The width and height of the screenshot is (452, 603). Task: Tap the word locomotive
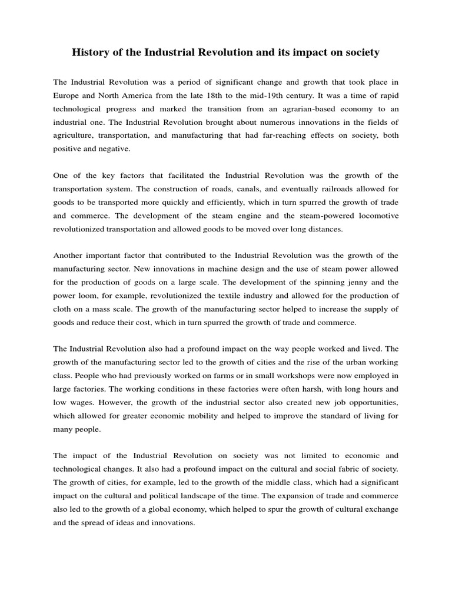376,215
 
